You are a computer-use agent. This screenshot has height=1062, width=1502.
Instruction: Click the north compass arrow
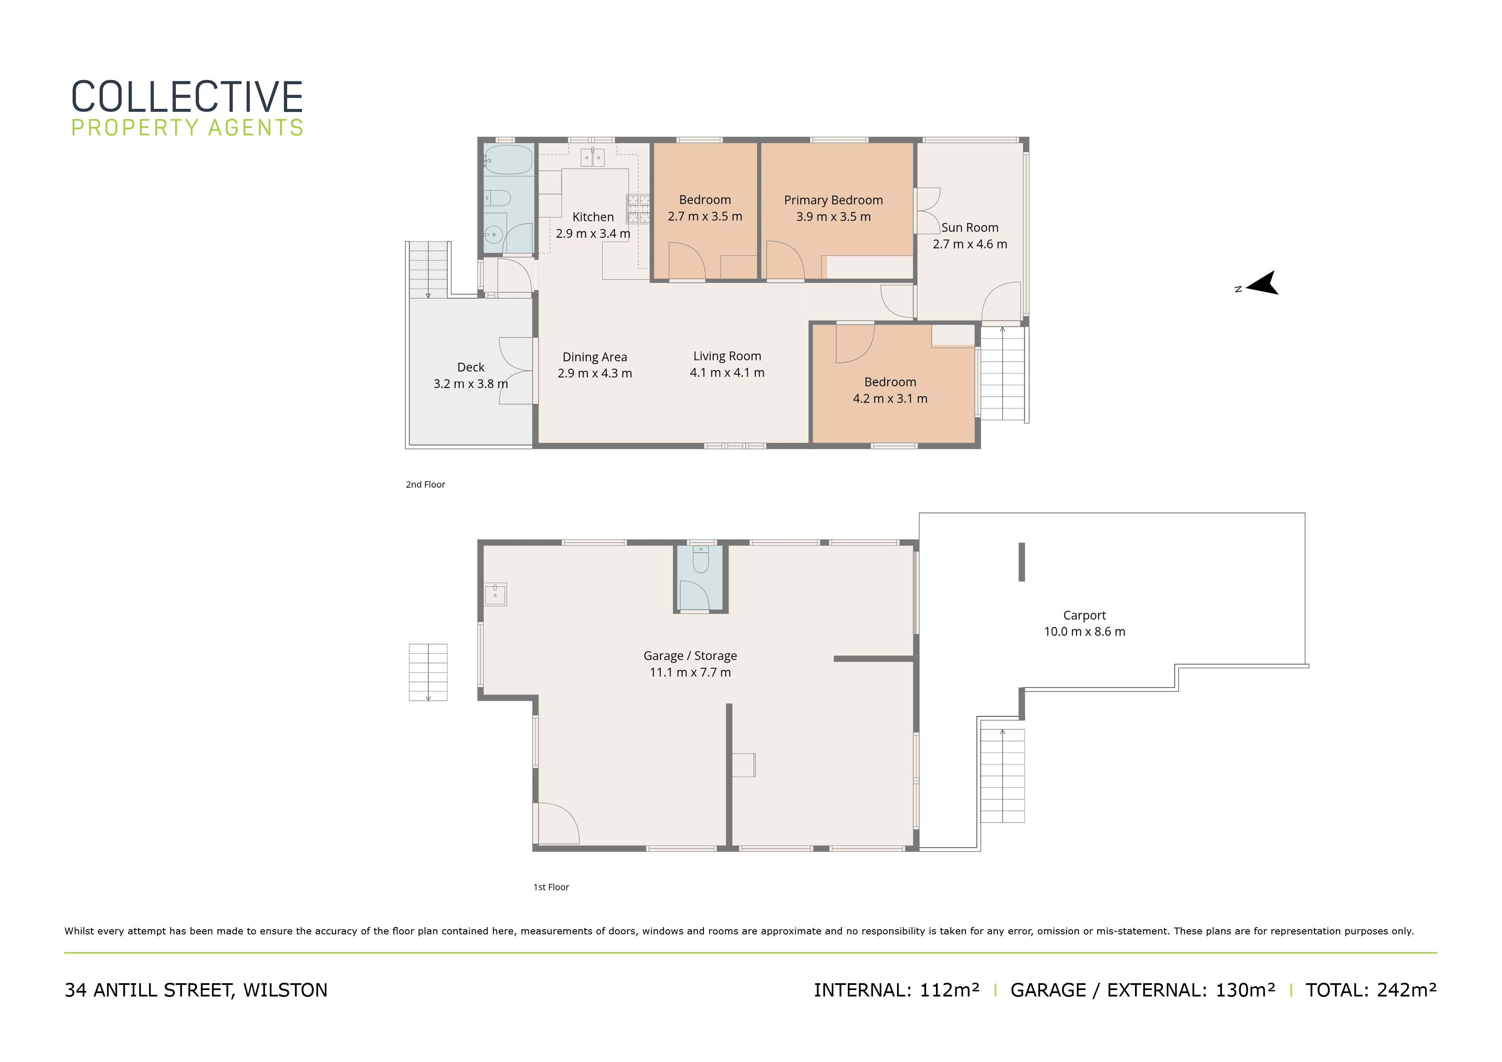[x=1264, y=284]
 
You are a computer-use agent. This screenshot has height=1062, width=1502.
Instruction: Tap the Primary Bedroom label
[x=834, y=200]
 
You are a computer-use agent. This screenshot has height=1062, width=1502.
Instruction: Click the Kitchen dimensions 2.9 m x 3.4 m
[x=593, y=234]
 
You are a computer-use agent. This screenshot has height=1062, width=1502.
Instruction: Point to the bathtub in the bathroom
[x=508, y=160]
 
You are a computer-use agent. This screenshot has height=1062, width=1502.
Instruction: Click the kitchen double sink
[x=592, y=158]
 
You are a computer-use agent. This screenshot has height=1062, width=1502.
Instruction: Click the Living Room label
[x=727, y=356]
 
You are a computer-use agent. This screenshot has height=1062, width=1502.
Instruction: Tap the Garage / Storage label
[x=690, y=656]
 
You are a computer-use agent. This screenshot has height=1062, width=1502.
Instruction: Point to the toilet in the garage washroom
[x=700, y=560]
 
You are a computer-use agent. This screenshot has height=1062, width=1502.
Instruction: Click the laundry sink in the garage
[x=495, y=594]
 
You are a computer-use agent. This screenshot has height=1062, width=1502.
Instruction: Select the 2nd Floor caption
[x=425, y=485]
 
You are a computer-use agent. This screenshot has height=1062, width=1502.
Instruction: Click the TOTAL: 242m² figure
[x=1371, y=990]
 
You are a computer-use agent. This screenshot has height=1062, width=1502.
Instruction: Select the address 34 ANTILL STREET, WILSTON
[x=196, y=990]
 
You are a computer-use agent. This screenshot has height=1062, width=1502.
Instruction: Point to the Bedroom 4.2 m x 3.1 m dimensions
[x=890, y=399]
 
